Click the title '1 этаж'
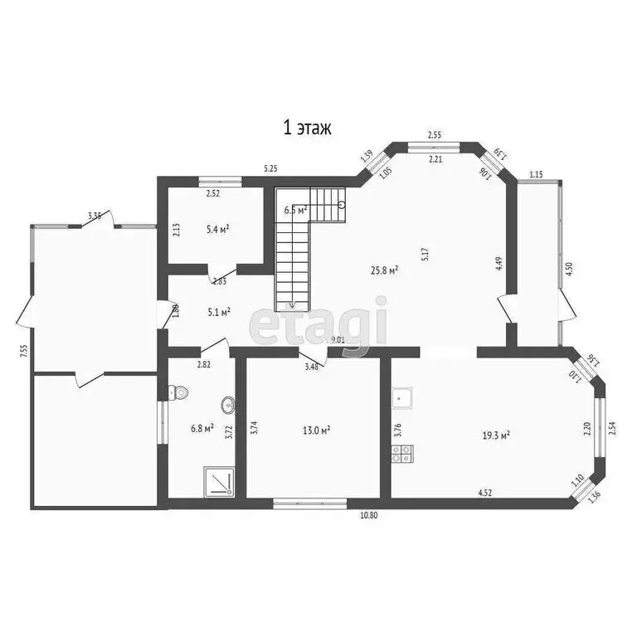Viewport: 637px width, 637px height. click(x=308, y=127)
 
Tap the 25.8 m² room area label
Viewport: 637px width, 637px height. click(x=384, y=270)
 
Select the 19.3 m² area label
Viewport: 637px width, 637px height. click(x=495, y=434)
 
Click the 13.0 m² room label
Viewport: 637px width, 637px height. click(x=316, y=430)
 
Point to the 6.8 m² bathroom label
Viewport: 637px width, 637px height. click(x=202, y=428)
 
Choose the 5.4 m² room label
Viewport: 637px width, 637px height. click(x=217, y=228)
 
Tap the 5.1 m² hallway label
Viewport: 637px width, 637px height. click(x=218, y=313)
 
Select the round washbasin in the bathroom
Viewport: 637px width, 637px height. click(x=226, y=406)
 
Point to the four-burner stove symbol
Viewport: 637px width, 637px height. click(x=402, y=453)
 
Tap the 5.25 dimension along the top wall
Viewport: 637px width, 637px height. click(x=270, y=168)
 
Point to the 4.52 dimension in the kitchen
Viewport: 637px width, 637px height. click(x=486, y=494)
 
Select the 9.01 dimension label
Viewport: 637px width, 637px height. click(x=338, y=340)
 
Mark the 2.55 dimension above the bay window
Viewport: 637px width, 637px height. click(x=435, y=134)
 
